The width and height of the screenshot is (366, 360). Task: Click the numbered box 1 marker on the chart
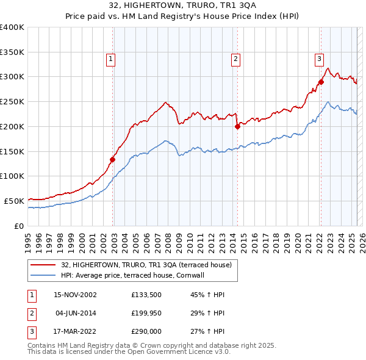pyautogui.click(x=110, y=59)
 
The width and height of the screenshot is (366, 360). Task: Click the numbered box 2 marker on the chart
pyautogui.click(x=235, y=59)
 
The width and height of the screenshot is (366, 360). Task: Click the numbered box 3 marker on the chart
pyautogui.click(x=319, y=59)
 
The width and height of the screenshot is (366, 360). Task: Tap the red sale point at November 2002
pyautogui.click(x=113, y=159)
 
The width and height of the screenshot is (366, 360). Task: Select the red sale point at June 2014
pyautogui.click(x=237, y=126)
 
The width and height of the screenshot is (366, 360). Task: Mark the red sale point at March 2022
pyautogui.click(x=321, y=82)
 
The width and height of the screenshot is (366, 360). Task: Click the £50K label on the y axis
pyautogui.click(x=14, y=201)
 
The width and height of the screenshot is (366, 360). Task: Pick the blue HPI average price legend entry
pyautogui.click(x=132, y=276)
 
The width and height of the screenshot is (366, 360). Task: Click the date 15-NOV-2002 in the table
pyautogui.click(x=75, y=295)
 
